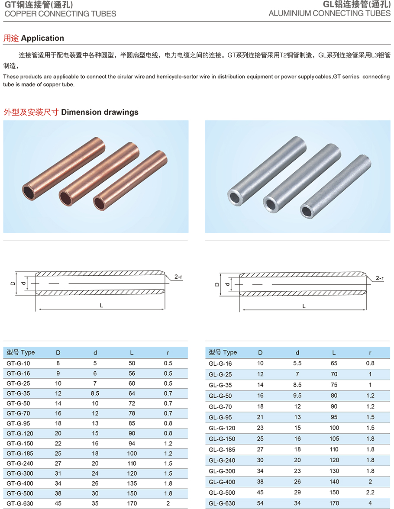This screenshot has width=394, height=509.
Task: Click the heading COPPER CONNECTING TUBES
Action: coord(61,14)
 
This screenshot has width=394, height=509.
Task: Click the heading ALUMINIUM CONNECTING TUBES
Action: coord(329,13)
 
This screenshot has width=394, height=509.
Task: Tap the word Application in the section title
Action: coord(42,38)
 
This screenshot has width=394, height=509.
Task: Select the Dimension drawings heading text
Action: coord(100,113)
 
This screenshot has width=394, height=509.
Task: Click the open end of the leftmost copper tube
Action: coord(29,192)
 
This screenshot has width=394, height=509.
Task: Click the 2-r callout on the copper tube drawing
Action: coord(178,277)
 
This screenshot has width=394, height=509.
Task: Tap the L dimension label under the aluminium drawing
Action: coord(304,306)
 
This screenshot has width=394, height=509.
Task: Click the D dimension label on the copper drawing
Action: coord(13,283)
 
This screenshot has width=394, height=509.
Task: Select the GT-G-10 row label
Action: coord(18,364)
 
